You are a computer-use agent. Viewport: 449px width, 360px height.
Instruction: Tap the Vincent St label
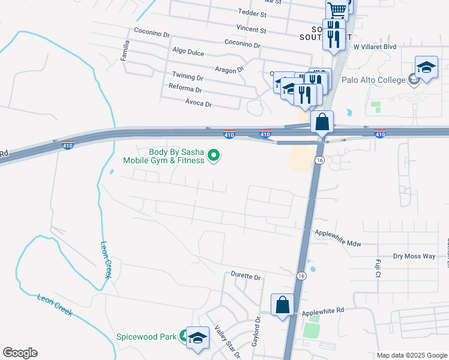(251, 29)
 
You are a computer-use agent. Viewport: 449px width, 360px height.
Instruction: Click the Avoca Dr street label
(199, 104)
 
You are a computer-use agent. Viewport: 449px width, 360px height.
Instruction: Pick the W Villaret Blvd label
(375, 46)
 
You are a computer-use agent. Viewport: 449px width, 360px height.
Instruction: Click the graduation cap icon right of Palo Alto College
(426, 68)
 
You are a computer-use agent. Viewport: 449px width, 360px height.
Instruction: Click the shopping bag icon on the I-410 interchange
(322, 122)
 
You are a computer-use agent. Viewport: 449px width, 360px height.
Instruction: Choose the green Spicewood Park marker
(183, 337)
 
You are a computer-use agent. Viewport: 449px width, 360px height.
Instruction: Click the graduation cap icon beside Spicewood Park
(197, 338)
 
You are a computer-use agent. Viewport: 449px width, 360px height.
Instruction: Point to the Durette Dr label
(246, 277)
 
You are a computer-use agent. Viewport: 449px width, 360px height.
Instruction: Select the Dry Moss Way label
(414, 256)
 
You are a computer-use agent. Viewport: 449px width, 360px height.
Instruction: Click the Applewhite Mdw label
(338, 240)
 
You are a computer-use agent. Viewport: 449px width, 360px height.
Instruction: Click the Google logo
(20, 353)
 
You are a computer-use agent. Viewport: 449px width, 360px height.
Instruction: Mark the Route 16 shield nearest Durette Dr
(301, 275)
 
